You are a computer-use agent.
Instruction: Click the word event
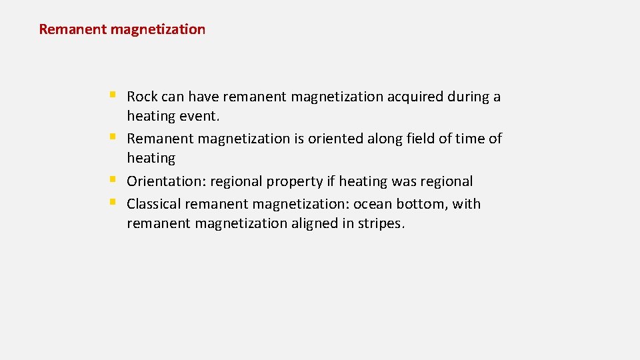(x=199, y=116)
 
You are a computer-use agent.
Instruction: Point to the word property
(x=295, y=181)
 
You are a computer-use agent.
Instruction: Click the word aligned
(x=313, y=223)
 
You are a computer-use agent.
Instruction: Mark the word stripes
(x=380, y=223)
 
